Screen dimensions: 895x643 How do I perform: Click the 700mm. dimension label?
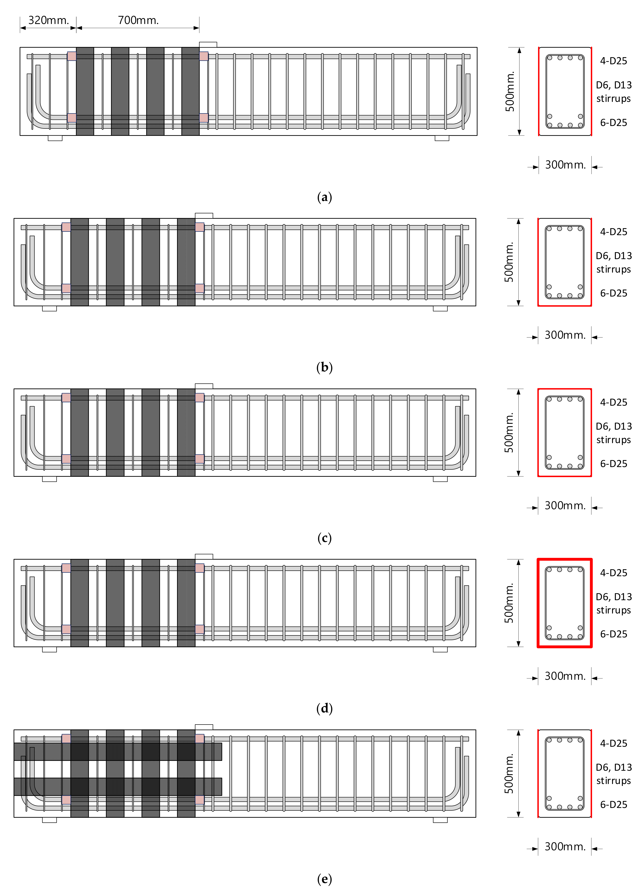138,20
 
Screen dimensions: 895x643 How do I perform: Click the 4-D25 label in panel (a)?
613,61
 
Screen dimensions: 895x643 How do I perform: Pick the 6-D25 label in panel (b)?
613,293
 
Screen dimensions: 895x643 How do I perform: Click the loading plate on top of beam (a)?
208,45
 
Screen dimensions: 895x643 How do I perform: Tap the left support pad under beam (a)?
55,138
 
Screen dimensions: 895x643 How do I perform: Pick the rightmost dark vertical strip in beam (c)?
186,433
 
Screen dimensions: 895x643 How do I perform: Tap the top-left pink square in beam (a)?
71,56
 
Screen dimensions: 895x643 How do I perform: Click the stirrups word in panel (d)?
613,610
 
